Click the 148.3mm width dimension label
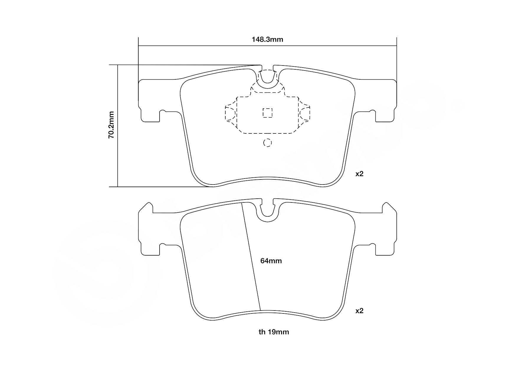coord(267,40)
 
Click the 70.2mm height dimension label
coord(111,125)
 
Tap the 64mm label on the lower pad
coord(271,261)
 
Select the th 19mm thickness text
coord(274,332)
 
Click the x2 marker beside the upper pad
coord(359,174)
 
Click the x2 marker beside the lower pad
coord(359,311)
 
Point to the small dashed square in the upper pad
coord(267,113)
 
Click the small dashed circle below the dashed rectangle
coord(267,143)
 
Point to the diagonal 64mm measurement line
coord(251,257)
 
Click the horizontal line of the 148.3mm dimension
coord(206,46)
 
